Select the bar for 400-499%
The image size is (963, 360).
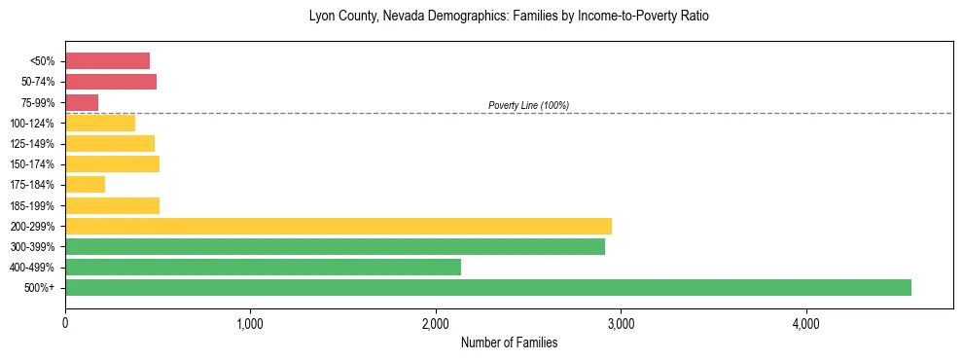pyautogui.click(x=263, y=267)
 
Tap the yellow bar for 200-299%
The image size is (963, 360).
pyautogui.click(x=339, y=226)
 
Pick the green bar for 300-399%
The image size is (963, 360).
pyautogui.click(x=335, y=246)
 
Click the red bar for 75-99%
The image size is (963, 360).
pyautogui.click(x=82, y=102)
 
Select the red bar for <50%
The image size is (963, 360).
pyautogui.click(x=107, y=61)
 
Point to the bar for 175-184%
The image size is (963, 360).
pyautogui.click(x=85, y=185)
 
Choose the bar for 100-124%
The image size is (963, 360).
pyautogui.click(x=100, y=123)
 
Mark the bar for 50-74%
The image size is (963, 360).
pyautogui.click(x=111, y=82)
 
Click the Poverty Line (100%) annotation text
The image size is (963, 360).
pyautogui.click(x=528, y=105)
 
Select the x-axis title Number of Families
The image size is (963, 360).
pyautogui.click(x=509, y=342)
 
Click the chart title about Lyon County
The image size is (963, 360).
pyautogui.click(x=509, y=17)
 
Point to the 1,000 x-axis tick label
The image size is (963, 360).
pyautogui.click(x=250, y=323)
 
